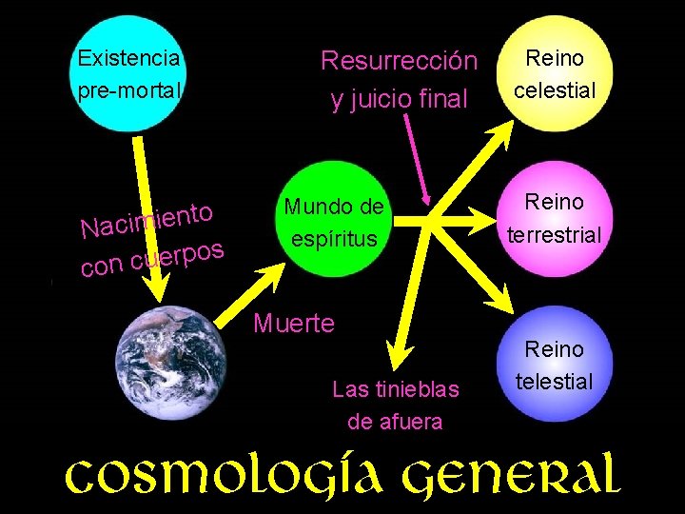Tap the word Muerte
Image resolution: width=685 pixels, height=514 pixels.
[294, 324]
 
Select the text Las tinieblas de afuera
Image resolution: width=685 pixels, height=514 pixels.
[395, 405]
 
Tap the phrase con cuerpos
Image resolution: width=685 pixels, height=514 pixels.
[152, 259]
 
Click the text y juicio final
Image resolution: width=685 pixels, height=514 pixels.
[399, 98]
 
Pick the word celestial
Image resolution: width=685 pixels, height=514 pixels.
[555, 90]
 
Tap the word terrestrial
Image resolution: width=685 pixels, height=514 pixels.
[555, 234]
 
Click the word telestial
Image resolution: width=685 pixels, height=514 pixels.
[555, 382]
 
